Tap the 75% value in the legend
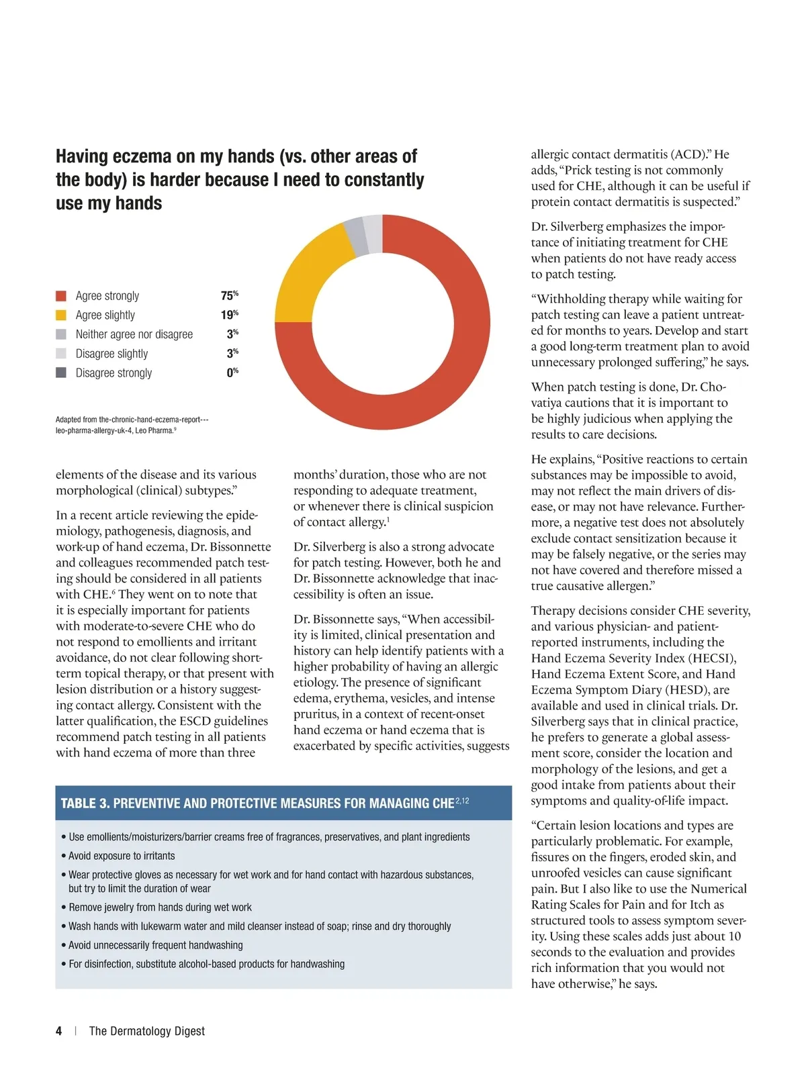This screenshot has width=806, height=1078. [229, 296]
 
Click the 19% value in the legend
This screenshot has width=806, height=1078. [229, 315]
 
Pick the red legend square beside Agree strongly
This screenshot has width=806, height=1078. [61, 296]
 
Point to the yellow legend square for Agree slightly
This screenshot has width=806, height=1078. [61, 315]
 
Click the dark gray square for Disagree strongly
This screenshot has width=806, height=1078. [61, 373]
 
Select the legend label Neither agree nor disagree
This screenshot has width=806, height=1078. [134, 334]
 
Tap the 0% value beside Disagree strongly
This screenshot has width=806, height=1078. [232, 373]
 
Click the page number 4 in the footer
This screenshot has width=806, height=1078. [59, 1031]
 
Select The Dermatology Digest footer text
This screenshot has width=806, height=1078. [147, 1031]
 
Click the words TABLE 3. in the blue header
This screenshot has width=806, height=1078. [85, 803]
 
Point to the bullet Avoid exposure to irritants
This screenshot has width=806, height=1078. [122, 856]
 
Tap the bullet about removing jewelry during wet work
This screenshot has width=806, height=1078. [160, 908]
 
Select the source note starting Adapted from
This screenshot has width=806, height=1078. [132, 425]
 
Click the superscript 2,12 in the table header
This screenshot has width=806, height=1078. [462, 801]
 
